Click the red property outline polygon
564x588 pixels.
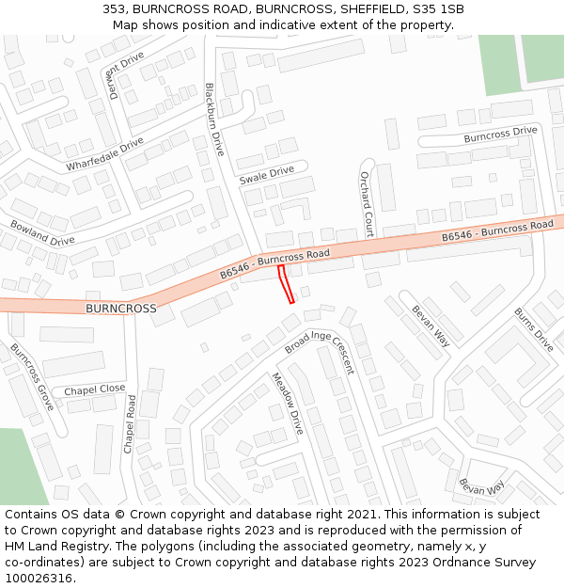[x=287, y=284]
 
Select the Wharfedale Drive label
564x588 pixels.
[x=105, y=154]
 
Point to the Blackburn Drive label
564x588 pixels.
[x=215, y=119]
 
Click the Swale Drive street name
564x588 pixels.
[x=266, y=176]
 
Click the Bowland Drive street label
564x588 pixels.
[x=42, y=233]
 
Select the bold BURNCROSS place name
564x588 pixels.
[x=120, y=309]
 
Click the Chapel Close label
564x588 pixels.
[x=94, y=389]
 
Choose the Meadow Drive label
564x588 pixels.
[x=287, y=403]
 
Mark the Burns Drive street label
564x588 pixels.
[x=533, y=328]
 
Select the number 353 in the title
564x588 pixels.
[x=114, y=9]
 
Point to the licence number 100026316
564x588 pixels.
[x=39, y=578]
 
